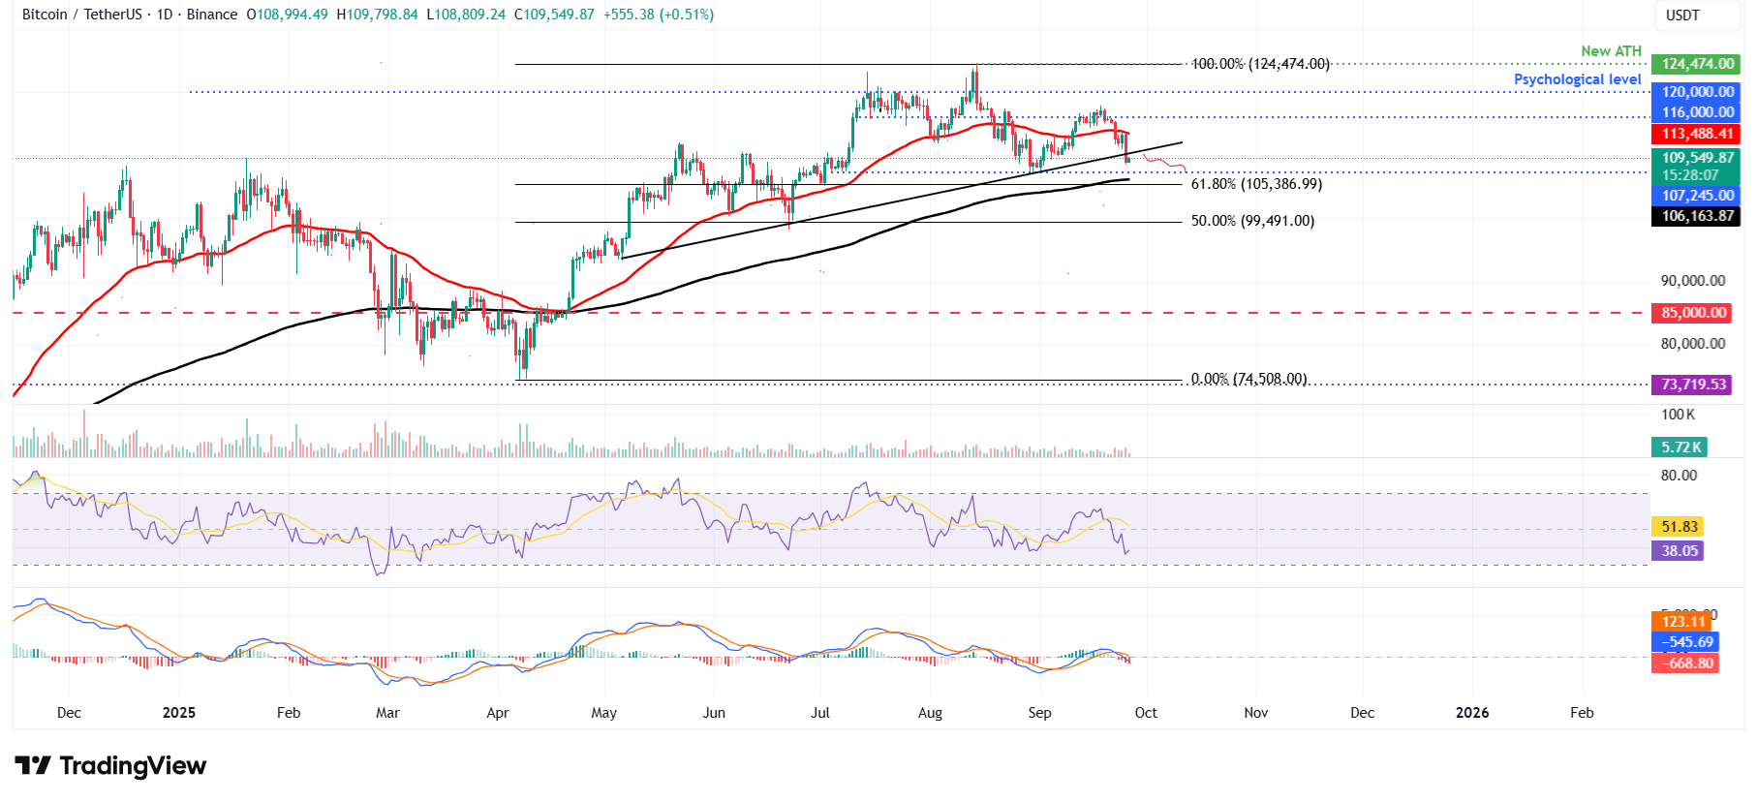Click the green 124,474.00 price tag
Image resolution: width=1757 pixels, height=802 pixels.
(x=1696, y=64)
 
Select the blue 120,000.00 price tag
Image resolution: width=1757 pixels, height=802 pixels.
(x=1696, y=92)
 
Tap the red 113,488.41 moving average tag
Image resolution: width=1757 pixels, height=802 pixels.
(x=1696, y=134)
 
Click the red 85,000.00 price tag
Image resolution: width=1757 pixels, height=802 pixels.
(x=1693, y=313)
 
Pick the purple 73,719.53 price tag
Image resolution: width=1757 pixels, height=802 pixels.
(x=1693, y=385)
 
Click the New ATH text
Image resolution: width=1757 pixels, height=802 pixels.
(x=1611, y=51)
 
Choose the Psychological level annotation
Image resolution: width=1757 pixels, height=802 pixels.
(x=1577, y=79)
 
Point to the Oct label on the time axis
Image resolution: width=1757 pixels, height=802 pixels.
(x=1146, y=713)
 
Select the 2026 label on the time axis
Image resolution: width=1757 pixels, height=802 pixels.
(x=1472, y=713)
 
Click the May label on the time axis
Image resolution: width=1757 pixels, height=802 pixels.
(x=603, y=713)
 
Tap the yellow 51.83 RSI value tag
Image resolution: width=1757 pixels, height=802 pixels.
(x=1680, y=527)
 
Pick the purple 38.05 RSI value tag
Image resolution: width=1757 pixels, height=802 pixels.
(x=1680, y=551)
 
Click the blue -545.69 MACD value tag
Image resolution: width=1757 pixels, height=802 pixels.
(x=1686, y=642)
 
